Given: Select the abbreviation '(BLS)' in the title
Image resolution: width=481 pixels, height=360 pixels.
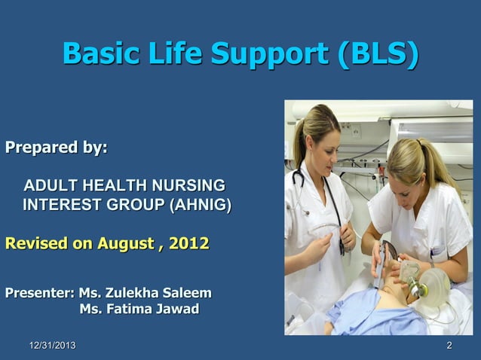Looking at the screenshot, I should [376, 54].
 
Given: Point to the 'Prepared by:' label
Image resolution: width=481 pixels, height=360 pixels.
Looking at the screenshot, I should [57, 147].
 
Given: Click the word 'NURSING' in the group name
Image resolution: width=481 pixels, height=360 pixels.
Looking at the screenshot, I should [188, 185].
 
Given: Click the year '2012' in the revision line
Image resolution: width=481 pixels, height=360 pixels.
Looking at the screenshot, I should [188, 245].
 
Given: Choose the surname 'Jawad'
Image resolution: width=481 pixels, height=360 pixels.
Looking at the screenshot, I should [176, 310].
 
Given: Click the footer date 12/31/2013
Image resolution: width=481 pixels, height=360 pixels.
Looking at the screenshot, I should [52, 346].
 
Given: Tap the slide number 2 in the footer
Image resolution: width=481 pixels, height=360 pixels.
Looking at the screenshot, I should [449, 346].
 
